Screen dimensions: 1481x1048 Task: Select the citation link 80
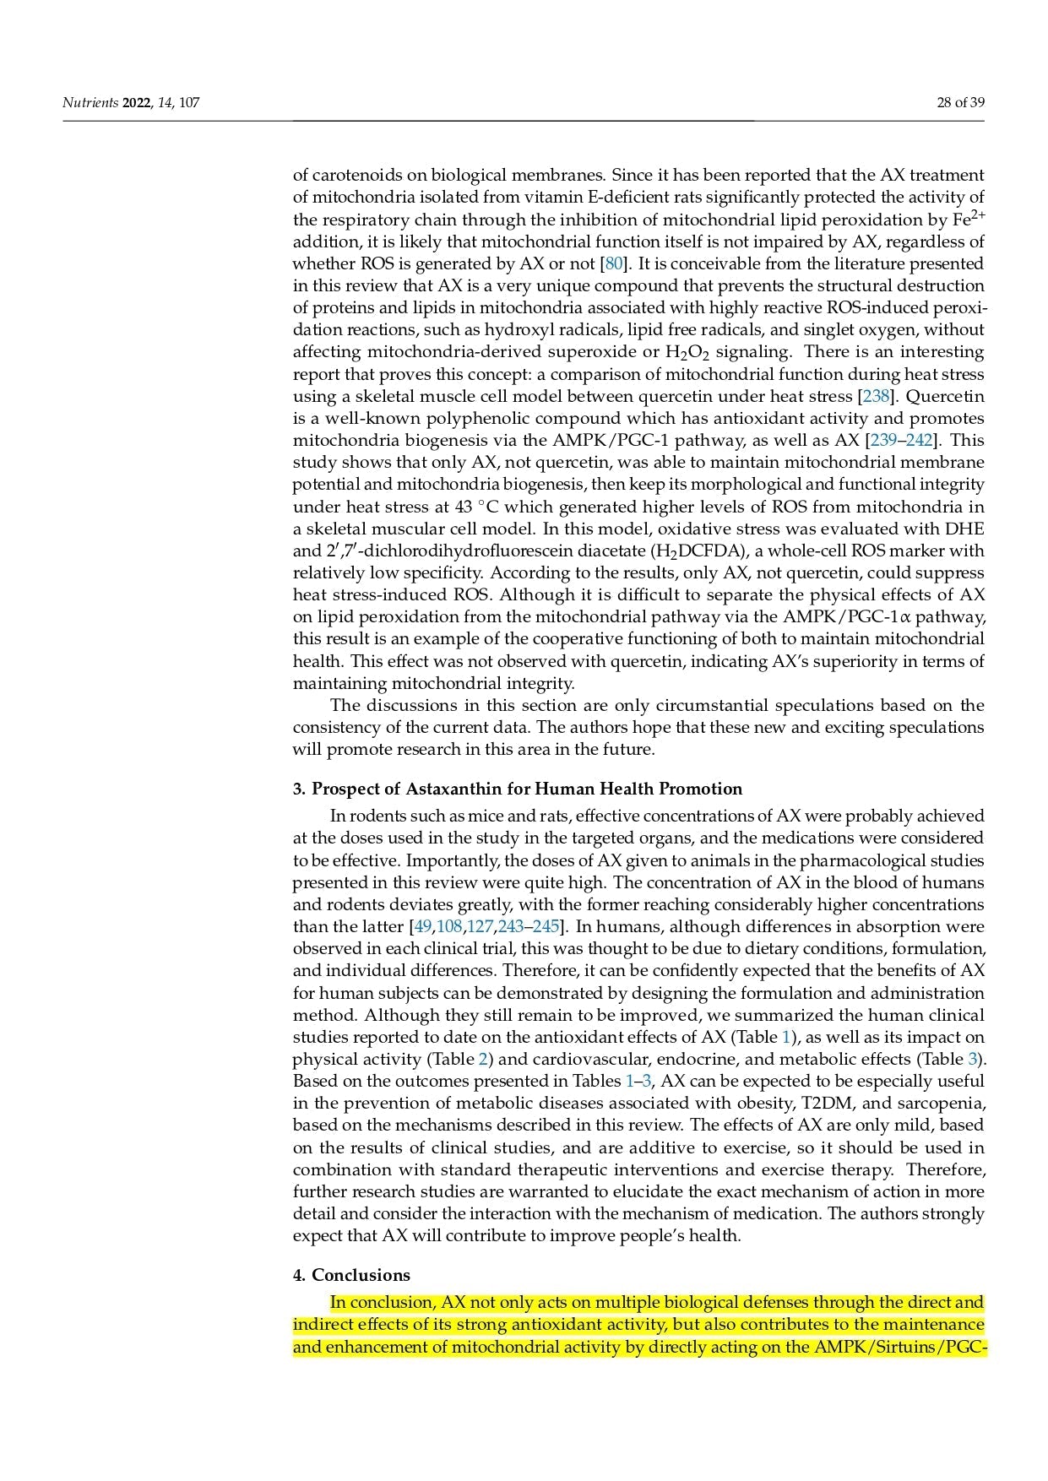pos(614,263)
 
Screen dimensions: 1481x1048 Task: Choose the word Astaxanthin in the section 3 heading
pos(457,789)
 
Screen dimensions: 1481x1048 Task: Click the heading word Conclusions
pos(361,1275)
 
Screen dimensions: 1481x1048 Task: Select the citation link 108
pos(449,926)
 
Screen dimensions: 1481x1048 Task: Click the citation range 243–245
pos(529,926)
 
